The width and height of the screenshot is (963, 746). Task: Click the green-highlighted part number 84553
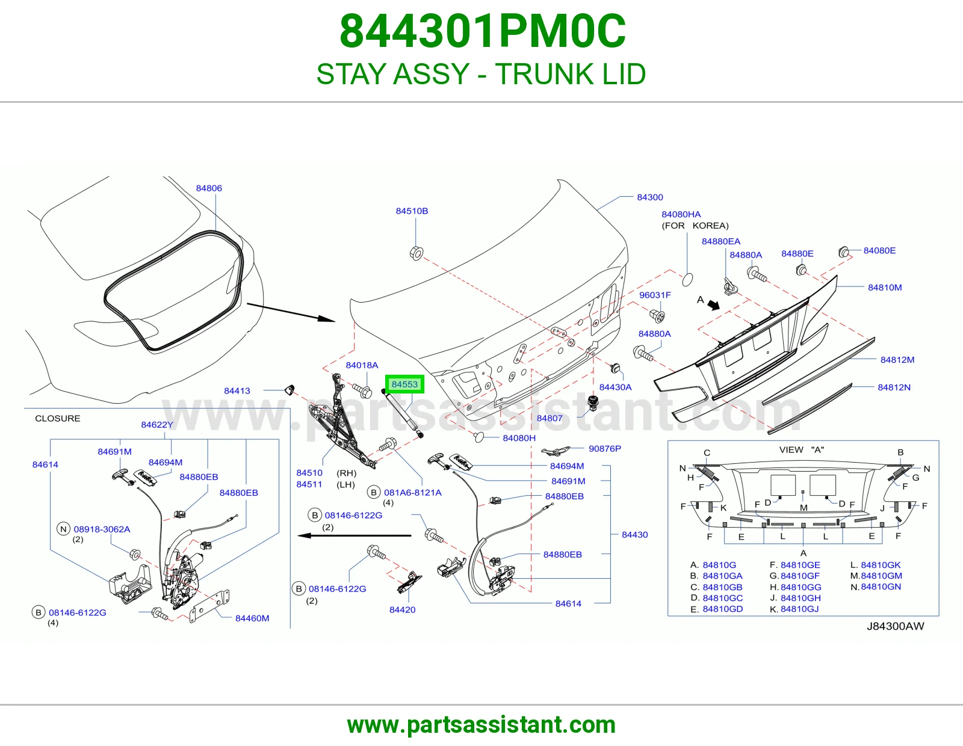(404, 384)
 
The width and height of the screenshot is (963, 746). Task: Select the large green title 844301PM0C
(483, 31)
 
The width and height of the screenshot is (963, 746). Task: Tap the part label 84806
(209, 188)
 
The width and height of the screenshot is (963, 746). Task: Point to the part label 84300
(649, 197)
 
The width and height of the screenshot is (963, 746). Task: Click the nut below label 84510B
(416, 253)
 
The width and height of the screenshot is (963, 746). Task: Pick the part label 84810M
(885, 288)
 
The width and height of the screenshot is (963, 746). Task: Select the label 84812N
(894, 387)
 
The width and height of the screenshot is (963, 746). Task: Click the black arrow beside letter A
(713, 305)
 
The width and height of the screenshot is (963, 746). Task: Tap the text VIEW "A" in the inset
(801, 449)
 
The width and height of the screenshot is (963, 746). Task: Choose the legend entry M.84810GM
(876, 576)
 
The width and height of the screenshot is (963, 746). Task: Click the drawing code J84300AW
(895, 626)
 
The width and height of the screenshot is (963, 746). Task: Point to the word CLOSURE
(58, 418)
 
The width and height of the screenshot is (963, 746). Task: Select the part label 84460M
(252, 618)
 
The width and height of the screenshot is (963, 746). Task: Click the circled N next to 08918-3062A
(63, 529)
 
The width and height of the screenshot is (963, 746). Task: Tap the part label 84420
(403, 609)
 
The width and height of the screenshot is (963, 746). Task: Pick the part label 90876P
(604, 448)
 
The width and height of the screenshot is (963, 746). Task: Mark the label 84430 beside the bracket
(634, 535)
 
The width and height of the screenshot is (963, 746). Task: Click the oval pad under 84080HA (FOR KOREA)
(687, 280)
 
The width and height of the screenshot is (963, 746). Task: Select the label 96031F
(655, 295)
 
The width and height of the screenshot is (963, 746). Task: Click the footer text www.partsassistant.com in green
(482, 725)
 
